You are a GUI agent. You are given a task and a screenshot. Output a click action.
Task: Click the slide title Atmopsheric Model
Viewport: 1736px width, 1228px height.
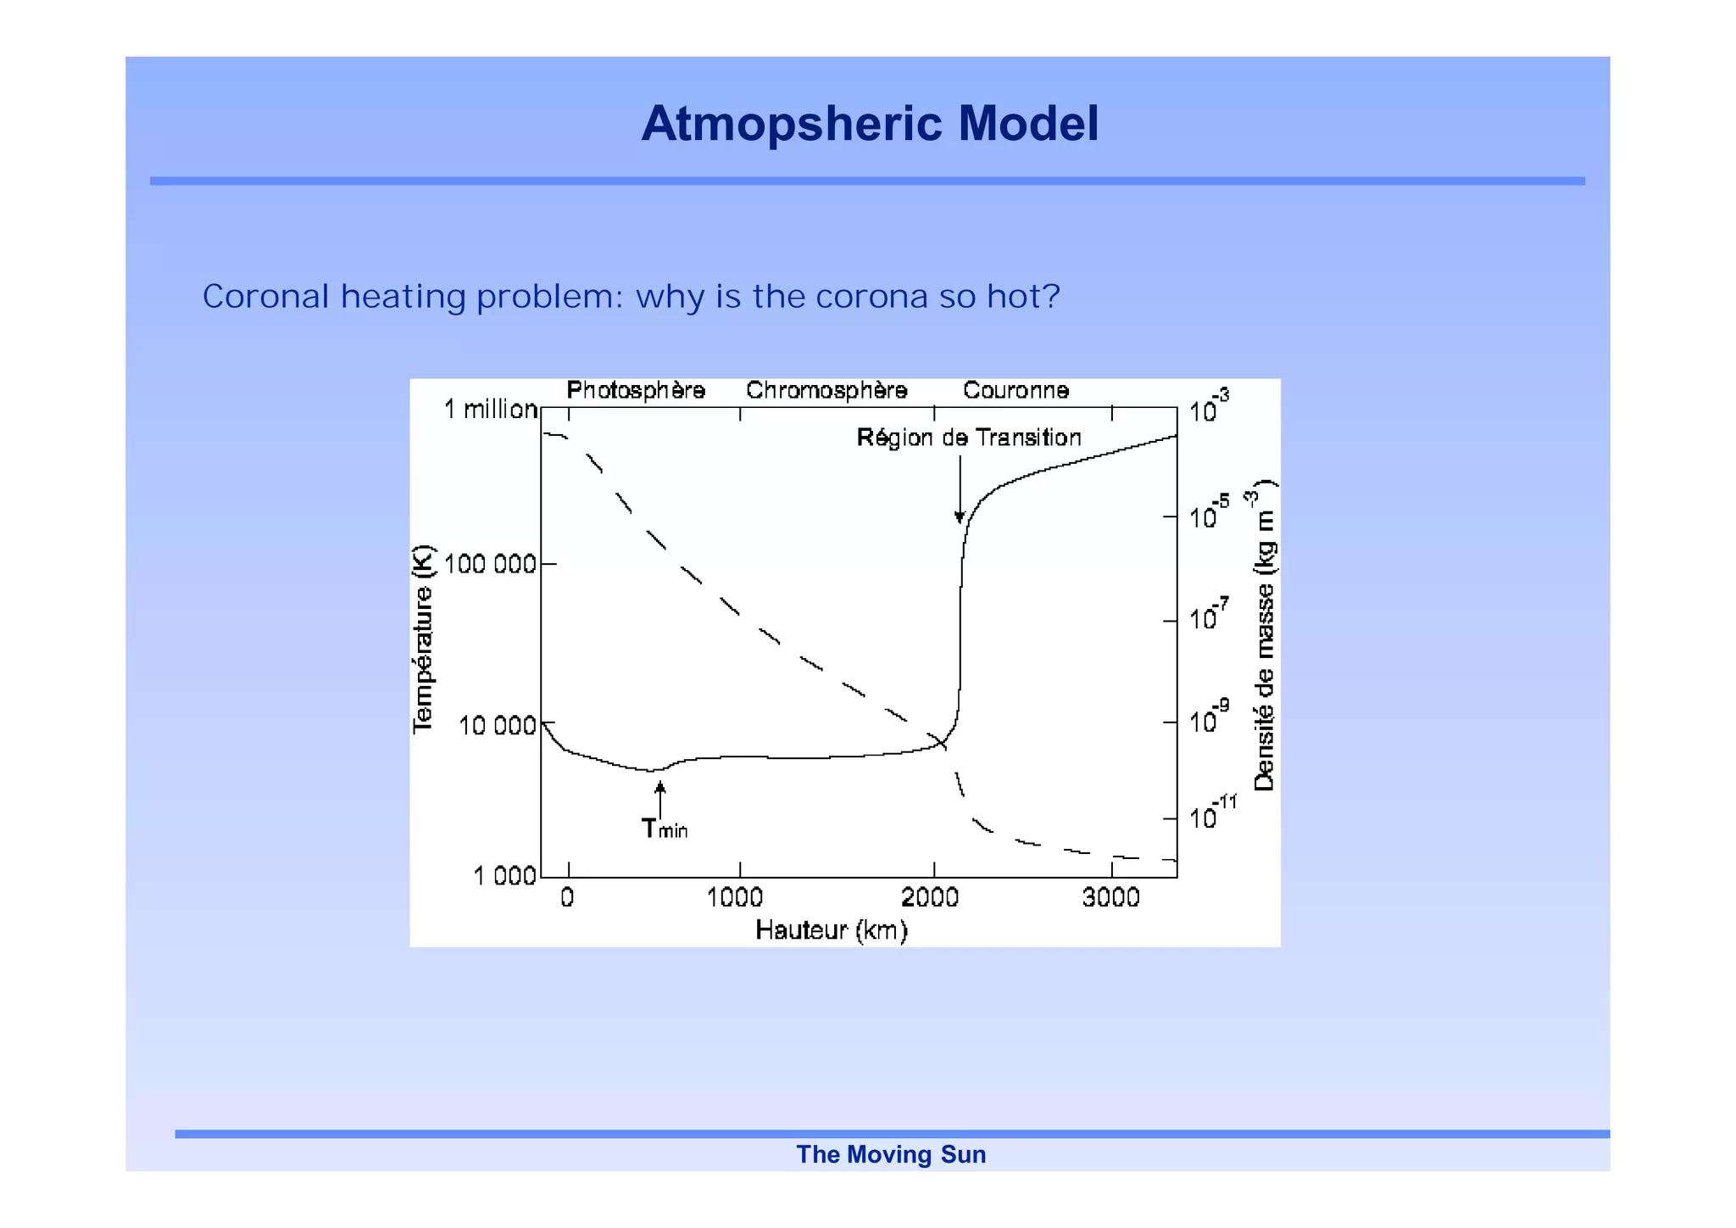pyautogui.click(x=870, y=124)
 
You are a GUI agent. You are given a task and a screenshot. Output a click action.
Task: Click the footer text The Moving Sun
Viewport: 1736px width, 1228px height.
pyautogui.click(x=891, y=1154)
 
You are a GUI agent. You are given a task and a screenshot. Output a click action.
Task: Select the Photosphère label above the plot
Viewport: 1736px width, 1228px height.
pyautogui.click(x=636, y=390)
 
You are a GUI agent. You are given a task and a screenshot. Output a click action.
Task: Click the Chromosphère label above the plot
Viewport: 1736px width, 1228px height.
pyautogui.click(x=826, y=390)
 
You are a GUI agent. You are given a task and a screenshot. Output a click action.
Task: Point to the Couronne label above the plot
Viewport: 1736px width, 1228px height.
pyautogui.click(x=1015, y=390)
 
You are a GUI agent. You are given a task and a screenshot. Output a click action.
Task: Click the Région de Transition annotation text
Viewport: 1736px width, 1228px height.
pyautogui.click(x=969, y=438)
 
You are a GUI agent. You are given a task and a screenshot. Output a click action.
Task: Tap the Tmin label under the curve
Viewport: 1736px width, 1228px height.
pyautogui.click(x=664, y=829)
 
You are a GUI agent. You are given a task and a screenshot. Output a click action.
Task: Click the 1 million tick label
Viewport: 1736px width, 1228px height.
pyautogui.click(x=491, y=410)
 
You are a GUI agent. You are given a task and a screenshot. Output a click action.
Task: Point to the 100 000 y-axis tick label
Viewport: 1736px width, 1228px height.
pyautogui.click(x=490, y=564)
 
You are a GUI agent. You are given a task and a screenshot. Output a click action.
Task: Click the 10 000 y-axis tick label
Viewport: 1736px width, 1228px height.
pyautogui.click(x=498, y=725)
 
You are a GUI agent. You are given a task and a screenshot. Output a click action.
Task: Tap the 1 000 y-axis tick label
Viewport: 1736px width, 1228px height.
pyautogui.click(x=504, y=875)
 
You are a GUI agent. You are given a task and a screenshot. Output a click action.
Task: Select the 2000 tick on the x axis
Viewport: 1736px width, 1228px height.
pyautogui.click(x=930, y=897)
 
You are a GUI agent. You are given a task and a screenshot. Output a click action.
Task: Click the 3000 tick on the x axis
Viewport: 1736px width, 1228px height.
pyautogui.click(x=1110, y=897)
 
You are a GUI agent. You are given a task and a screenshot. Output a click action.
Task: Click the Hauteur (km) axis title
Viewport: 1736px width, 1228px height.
pyautogui.click(x=832, y=930)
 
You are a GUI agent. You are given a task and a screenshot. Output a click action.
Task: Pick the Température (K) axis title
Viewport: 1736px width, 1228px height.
pyautogui.click(x=422, y=639)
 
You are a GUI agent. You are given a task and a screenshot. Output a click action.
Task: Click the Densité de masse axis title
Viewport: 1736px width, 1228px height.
pyautogui.click(x=1263, y=636)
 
